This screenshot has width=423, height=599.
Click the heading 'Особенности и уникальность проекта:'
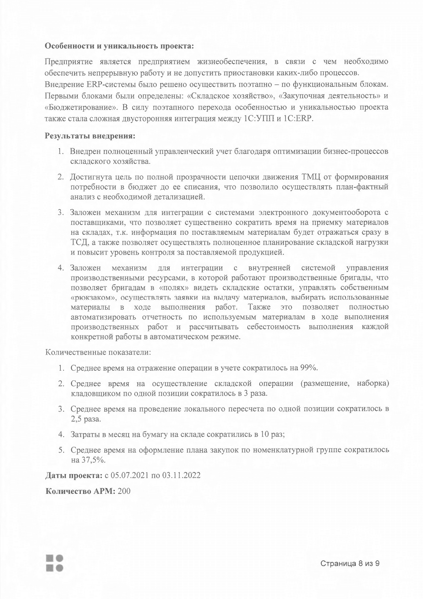119,46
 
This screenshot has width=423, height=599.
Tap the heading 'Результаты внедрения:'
90,136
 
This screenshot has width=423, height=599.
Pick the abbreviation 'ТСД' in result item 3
78,243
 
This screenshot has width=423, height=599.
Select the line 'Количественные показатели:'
98,352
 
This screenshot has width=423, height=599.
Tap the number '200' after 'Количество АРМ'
124,491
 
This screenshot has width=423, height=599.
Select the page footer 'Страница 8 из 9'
350,564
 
